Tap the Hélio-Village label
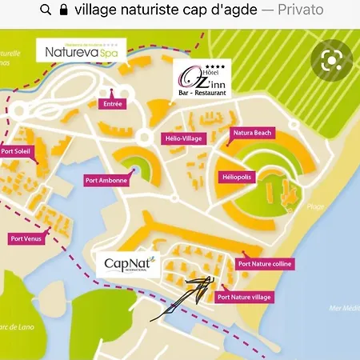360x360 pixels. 182,138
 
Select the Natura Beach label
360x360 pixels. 252,132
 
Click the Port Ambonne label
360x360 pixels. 106,180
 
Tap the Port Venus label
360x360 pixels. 27,238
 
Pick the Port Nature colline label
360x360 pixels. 266,263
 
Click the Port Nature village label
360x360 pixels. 245,297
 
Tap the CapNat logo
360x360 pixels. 128,264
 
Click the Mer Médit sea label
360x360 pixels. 345,308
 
